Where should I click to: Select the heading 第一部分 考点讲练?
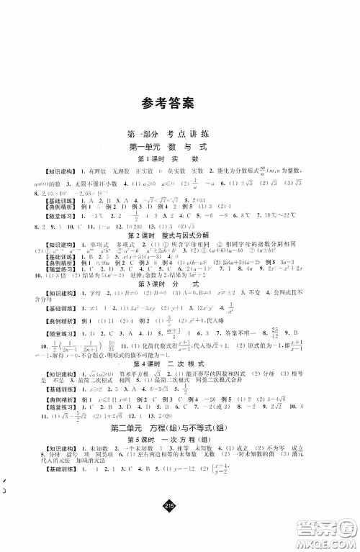point(179,135)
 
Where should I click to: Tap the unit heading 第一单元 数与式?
point(179,147)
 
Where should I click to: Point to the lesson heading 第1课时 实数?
point(179,158)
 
